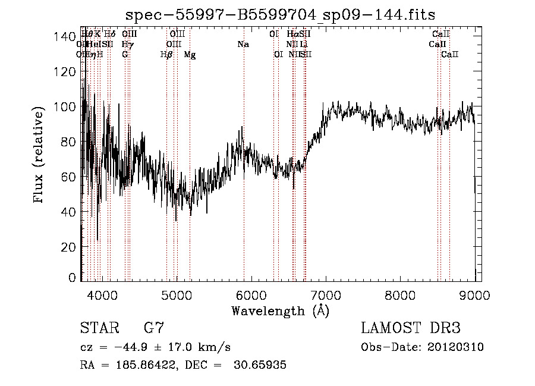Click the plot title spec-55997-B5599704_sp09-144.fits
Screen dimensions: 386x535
click(281, 14)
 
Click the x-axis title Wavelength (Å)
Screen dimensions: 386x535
click(280, 310)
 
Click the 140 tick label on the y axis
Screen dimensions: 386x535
click(64, 37)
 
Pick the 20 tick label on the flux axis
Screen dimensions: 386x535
click(67, 247)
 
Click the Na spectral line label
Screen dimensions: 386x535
click(243, 44)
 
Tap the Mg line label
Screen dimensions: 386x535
click(190, 55)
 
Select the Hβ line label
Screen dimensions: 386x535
click(166, 55)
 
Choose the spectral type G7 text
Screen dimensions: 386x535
click(153, 328)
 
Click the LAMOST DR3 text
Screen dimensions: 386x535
click(411, 328)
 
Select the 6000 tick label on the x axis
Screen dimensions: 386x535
click(251, 294)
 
